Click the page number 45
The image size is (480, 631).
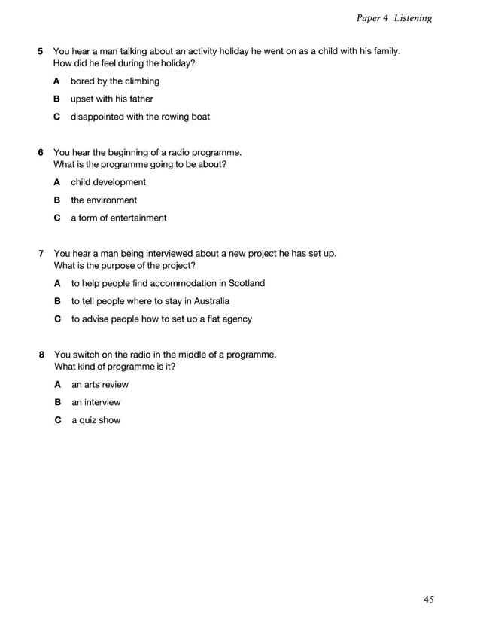(428, 599)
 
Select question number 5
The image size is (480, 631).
(41, 51)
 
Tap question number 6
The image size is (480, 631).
(41, 152)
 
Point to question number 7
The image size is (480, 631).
(41, 254)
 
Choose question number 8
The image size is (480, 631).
(41, 355)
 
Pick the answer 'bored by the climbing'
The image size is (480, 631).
(115, 81)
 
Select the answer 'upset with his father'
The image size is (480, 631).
(111, 99)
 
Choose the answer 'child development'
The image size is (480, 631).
(108, 182)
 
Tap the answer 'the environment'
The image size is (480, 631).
(104, 200)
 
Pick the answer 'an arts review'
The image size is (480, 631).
(100, 385)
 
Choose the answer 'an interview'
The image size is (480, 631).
(96, 402)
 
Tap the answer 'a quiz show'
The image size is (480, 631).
(96, 420)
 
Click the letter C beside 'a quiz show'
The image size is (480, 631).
(57, 420)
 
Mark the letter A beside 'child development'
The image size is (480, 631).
(57, 182)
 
